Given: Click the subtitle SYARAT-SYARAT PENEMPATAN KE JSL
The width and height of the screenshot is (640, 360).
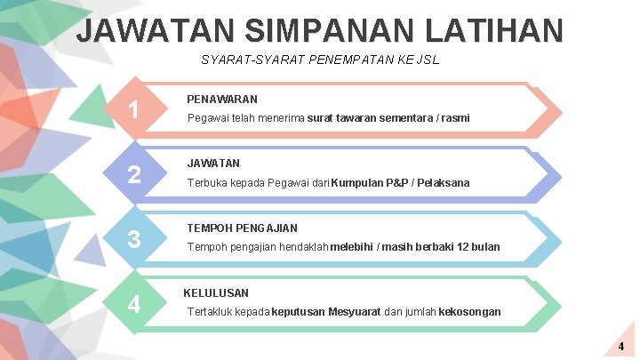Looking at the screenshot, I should click(x=320, y=60).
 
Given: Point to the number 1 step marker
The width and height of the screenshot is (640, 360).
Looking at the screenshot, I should click(x=133, y=110).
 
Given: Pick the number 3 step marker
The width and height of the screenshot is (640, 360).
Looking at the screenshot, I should click(x=133, y=239).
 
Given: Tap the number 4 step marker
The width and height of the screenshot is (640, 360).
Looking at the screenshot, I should click(x=133, y=304).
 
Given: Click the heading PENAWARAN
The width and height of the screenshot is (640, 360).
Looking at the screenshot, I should click(x=222, y=100).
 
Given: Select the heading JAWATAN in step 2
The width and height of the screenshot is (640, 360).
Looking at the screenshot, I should click(x=213, y=164).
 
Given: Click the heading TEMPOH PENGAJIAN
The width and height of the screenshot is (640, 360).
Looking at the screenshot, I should click(x=242, y=228).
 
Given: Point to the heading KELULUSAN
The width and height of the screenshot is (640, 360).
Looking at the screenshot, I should click(x=216, y=292).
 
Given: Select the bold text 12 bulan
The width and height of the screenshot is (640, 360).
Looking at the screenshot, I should click(x=478, y=247).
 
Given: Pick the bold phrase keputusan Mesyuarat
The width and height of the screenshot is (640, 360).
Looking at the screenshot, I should click(x=327, y=312).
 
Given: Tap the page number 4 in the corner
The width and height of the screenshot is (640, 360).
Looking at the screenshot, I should click(x=621, y=345).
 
